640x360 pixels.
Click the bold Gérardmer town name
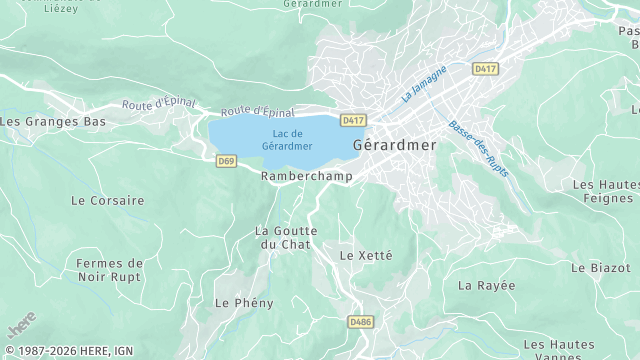pyautogui.click(x=395, y=145)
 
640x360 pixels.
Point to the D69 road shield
pyautogui.click(x=226, y=160)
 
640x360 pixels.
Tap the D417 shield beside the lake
pyautogui.click(x=352, y=120)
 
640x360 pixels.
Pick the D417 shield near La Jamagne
pyautogui.click(x=486, y=69)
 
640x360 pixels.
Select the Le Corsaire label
pyautogui.click(x=107, y=200)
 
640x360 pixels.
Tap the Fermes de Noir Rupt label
pyautogui.click(x=109, y=271)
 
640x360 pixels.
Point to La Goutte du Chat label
pyautogui.click(x=286, y=238)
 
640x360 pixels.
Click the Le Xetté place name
pyautogui.click(x=366, y=255)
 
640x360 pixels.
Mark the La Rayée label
pyautogui.click(x=487, y=285)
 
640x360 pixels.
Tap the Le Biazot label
pyautogui.click(x=600, y=268)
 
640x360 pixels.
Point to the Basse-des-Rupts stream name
pyautogui.click(x=478, y=151)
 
